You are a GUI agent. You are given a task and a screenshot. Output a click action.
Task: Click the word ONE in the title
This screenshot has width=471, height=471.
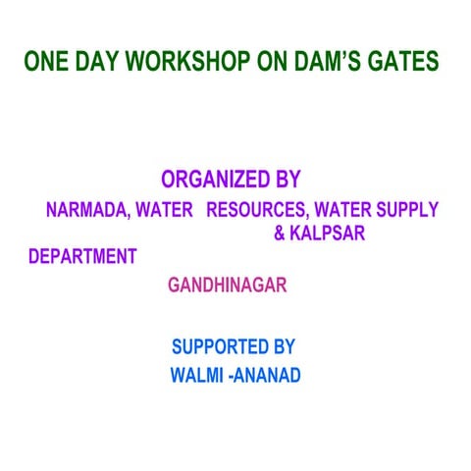click(44, 61)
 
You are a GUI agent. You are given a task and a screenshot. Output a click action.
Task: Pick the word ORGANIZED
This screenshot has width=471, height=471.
click(216, 180)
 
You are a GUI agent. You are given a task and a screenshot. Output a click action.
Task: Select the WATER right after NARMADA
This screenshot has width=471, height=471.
click(165, 210)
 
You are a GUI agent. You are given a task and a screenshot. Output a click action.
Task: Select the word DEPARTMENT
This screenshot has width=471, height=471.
click(82, 257)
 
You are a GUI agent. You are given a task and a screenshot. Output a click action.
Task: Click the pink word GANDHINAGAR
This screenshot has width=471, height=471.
click(227, 286)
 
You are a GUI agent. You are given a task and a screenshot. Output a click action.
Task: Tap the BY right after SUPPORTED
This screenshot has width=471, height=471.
click(285, 346)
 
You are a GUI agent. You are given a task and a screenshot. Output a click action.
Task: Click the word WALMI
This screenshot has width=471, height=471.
click(196, 375)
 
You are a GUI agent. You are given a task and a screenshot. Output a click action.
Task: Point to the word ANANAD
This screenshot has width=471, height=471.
click(266, 375)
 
